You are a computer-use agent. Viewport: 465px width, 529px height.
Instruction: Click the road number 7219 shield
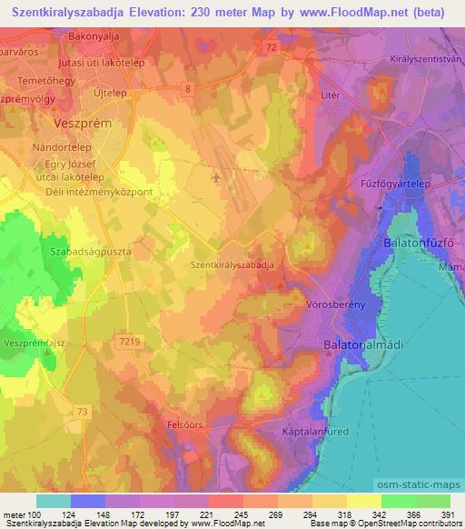tap(130, 340)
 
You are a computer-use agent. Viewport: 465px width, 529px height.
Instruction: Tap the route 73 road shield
tap(83, 413)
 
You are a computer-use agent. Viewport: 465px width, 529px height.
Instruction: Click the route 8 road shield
tap(187, 87)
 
